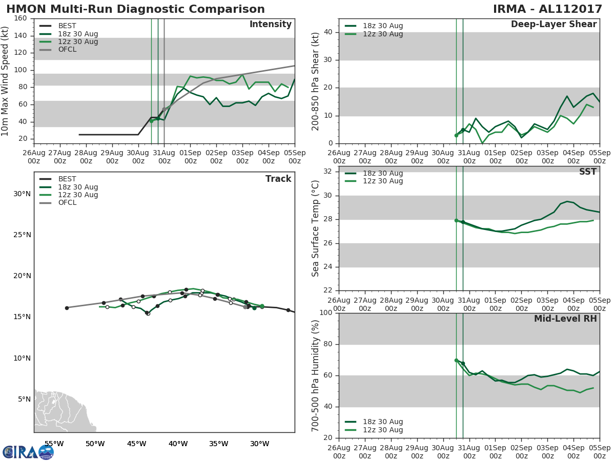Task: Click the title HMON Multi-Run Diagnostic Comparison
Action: coord(135,9)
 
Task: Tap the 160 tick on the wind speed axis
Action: coord(21,18)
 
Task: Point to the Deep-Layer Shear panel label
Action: coord(553,25)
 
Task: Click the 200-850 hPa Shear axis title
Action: coord(316,81)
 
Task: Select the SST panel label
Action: coord(587,172)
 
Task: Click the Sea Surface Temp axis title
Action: coord(316,228)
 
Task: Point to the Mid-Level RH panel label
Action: coord(565,319)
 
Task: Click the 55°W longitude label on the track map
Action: coord(54,444)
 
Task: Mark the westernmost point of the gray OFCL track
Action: coord(67,308)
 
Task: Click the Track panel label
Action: coord(278,179)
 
